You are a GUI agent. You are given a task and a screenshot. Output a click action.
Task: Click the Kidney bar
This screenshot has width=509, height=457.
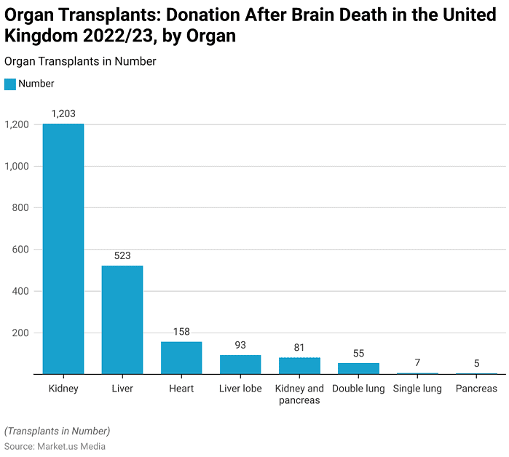click(63, 249)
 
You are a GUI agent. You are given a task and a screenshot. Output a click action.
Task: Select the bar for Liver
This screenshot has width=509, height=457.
click(122, 320)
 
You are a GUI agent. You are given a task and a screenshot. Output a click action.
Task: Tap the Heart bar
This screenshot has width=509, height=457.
click(181, 358)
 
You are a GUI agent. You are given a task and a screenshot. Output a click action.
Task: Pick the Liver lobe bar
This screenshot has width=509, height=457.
click(240, 365)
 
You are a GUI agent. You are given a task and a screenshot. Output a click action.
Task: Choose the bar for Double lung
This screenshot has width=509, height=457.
click(358, 369)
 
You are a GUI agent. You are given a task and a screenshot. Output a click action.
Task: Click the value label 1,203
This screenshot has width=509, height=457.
click(63, 114)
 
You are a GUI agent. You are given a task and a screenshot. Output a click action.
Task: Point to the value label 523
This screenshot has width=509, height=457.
click(122, 255)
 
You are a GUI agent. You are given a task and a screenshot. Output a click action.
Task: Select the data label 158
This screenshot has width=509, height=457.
click(181, 332)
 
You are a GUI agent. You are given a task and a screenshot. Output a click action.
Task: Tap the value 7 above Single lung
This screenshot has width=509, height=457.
click(418, 363)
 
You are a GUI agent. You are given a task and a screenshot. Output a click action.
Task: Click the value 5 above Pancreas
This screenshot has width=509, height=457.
click(477, 364)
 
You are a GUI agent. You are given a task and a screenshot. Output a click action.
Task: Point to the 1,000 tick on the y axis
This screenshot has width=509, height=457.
click(16, 166)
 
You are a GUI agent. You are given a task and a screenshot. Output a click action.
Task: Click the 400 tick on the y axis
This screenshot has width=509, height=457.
click(20, 291)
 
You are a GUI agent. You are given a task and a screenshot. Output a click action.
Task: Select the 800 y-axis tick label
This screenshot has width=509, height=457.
click(20, 208)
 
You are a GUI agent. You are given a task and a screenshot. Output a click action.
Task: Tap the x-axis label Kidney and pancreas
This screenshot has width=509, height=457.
click(299, 394)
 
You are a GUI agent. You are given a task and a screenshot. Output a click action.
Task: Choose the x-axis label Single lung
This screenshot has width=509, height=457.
click(418, 389)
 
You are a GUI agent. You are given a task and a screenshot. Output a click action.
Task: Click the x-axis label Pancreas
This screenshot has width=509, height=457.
click(477, 389)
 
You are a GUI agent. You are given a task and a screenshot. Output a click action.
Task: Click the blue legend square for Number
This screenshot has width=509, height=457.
click(9, 84)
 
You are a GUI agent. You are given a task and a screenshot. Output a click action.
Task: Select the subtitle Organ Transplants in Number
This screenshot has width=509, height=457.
click(80, 62)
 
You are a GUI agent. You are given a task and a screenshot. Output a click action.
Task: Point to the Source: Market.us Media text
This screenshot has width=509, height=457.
click(55, 446)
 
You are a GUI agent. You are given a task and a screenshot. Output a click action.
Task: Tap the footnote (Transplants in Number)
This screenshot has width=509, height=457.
click(58, 430)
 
